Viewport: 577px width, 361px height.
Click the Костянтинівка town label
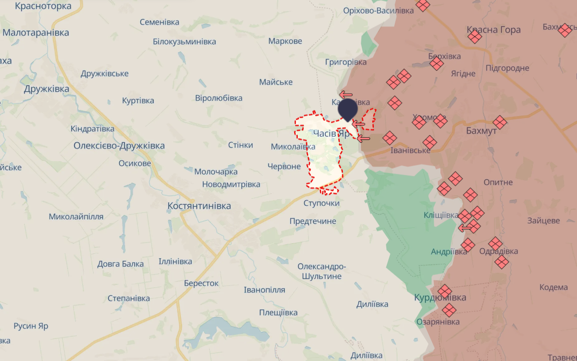(199, 206)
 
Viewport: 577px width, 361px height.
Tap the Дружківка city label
(47, 89)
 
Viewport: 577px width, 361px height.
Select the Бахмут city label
(481, 131)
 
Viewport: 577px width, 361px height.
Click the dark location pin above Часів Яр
(347, 109)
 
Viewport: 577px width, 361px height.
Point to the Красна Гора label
(493, 30)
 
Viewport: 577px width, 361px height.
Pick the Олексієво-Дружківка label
(119, 146)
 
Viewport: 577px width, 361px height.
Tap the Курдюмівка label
(440, 297)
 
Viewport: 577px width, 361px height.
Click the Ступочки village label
(321, 203)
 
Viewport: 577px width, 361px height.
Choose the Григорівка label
(346, 62)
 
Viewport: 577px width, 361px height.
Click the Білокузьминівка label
(184, 41)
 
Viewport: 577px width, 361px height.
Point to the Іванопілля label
(264, 290)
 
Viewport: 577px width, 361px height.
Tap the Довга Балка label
(120, 264)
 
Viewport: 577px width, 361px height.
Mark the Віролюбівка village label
(219, 98)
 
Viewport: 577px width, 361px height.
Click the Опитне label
(498, 182)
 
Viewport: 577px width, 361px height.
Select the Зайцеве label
(543, 220)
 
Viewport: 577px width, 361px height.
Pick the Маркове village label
(285, 41)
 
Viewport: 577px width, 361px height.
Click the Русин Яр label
(31, 326)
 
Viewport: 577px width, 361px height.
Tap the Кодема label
(553, 287)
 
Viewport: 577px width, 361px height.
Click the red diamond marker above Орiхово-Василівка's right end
(423, 6)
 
